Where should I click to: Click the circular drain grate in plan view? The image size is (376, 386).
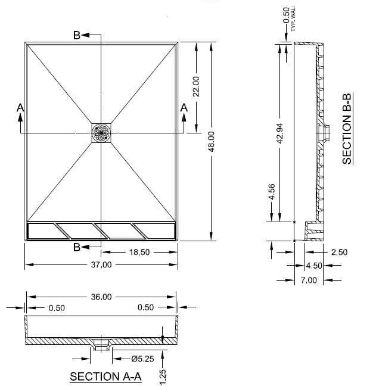[x=101, y=133]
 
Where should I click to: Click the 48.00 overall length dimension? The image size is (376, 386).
[x=212, y=141]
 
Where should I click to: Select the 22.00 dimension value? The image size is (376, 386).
[x=196, y=86]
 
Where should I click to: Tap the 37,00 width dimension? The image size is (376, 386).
[x=101, y=265]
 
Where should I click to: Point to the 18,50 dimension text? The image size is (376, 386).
[x=139, y=253]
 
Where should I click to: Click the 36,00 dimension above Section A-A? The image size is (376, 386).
[x=101, y=297]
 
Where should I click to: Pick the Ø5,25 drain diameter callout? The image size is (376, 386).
[x=142, y=359]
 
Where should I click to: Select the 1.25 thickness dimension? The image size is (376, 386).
[x=163, y=376]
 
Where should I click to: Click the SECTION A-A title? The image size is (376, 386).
[x=105, y=376]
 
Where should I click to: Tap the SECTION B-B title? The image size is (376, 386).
[x=347, y=129]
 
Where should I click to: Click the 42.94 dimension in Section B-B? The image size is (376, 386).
[x=279, y=133]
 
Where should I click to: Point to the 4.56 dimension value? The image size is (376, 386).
[x=272, y=192]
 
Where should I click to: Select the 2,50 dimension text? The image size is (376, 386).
[x=339, y=253]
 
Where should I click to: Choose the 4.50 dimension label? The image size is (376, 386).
[x=314, y=266]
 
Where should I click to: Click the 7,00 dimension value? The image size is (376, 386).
[x=309, y=280]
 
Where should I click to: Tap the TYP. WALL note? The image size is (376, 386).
[x=293, y=18]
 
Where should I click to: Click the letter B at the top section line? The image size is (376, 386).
[x=77, y=36]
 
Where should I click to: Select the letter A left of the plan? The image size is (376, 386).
[x=20, y=108]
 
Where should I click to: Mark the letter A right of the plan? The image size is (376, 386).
[x=184, y=108]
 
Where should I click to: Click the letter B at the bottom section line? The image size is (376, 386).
[x=77, y=247]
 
